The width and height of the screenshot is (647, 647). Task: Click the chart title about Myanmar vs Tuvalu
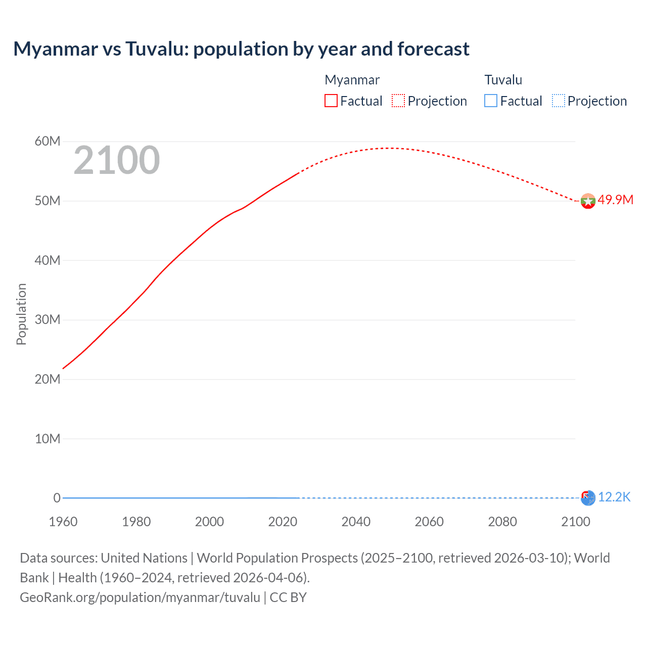pos(241,49)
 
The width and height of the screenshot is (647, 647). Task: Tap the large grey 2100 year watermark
pos(117,161)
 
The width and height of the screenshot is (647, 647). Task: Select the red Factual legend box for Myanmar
pos(331,101)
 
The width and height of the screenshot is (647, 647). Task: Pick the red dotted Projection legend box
pos(398,101)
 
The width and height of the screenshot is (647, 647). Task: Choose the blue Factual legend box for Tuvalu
pos(491,101)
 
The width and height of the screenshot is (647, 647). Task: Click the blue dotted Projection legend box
pos(558,101)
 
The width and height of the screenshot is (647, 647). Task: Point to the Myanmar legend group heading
pos(352,80)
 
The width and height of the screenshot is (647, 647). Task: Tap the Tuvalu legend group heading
pos(503,80)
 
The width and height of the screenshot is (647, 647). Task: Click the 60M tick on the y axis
pos(48,141)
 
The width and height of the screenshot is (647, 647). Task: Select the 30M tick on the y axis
pos(48,319)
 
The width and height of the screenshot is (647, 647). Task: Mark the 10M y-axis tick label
pos(48,439)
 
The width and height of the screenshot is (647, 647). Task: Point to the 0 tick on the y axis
pos(57,498)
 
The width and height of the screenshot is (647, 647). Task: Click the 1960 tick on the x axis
pos(63,522)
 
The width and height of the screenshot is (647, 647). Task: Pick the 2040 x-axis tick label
pos(356,522)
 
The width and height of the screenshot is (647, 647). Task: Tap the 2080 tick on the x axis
pos(502,522)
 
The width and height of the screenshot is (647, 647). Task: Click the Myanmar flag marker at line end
pos(588,201)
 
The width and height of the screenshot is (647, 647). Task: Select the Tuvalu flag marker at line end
pos(588,498)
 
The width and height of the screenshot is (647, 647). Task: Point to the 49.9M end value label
pos(615,200)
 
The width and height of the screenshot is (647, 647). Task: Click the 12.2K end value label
pos(614,497)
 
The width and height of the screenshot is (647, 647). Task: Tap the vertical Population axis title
pos(21,314)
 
